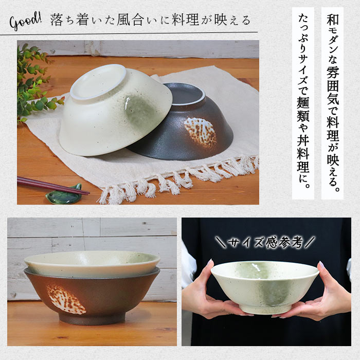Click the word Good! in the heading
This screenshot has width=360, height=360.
(25, 22)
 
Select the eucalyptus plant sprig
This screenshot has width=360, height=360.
(33, 82)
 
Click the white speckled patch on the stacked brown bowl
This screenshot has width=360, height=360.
(65, 299)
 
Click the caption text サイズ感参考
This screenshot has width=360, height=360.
(265, 242)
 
